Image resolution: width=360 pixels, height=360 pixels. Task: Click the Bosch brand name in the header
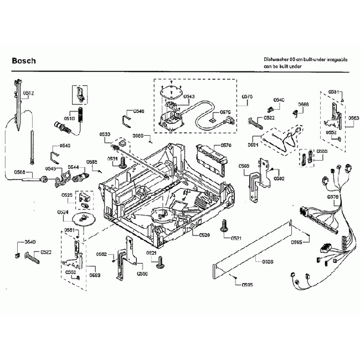click(24, 60)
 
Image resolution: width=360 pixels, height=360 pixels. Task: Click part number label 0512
click(29, 93)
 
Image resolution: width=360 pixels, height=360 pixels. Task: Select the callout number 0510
click(69, 119)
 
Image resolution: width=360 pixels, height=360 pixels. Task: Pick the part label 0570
click(225, 145)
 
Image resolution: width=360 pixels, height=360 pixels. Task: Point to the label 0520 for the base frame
click(204, 235)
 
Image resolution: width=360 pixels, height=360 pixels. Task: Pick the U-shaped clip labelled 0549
click(55, 152)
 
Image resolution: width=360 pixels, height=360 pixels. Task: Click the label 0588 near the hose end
click(20, 172)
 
